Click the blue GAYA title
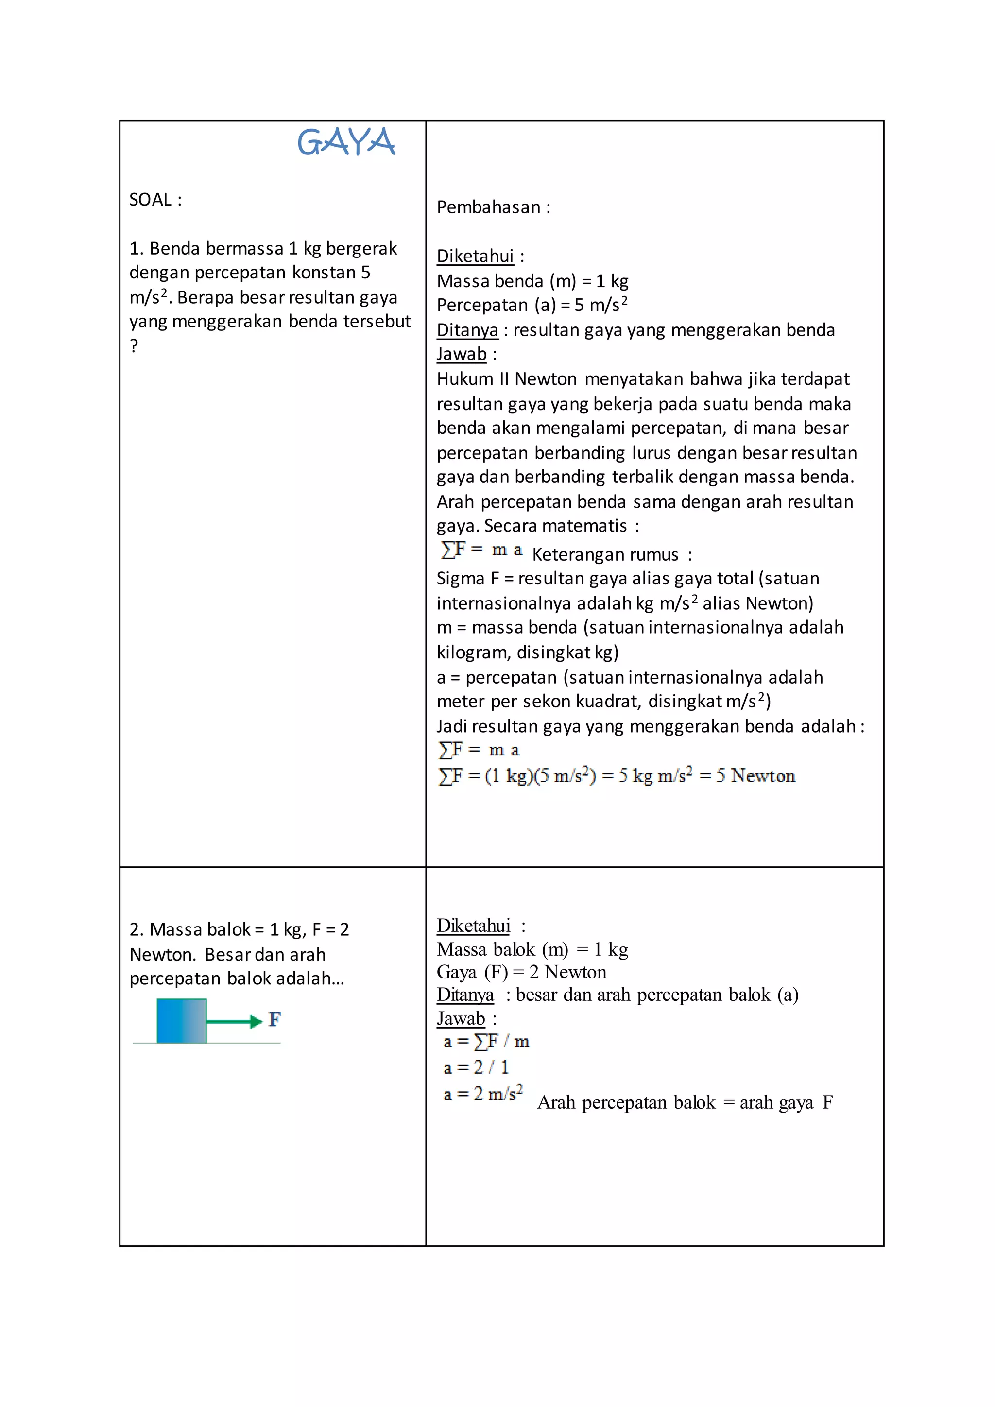coord(346,142)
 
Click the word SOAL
coord(150,200)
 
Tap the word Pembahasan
coord(488,207)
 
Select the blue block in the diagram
coord(181,1020)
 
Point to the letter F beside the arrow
coord(274,1020)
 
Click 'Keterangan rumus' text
coord(605,554)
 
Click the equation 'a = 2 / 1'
coord(476,1067)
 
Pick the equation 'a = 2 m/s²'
coord(483,1094)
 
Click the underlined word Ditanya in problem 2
coord(465,995)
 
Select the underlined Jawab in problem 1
coord(462,354)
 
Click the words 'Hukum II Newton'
coord(507,379)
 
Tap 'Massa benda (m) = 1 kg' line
coord(532,281)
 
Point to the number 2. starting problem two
coord(137,929)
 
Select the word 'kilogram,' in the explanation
coord(474,652)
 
